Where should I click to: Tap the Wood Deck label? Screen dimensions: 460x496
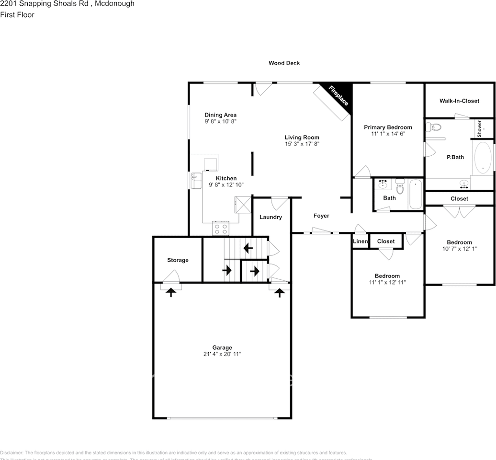[284, 63]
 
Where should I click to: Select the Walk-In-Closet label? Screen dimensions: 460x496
[459, 101]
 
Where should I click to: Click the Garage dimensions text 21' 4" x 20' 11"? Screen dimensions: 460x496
[222, 354]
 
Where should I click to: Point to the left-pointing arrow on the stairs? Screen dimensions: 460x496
[248, 248]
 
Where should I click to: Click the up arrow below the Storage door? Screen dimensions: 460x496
[170, 292]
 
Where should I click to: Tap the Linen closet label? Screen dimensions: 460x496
[360, 241]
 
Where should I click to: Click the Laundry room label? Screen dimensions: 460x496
[271, 217]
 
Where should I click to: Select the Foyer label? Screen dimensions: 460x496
[321, 216]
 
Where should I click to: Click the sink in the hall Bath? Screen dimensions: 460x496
[383, 184]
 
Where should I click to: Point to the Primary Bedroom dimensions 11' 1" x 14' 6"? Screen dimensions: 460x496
[387, 134]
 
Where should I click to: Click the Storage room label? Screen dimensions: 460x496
[178, 260]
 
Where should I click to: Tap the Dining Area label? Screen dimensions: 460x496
[220, 115]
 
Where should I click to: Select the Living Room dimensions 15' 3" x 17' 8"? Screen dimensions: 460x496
[302, 143]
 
